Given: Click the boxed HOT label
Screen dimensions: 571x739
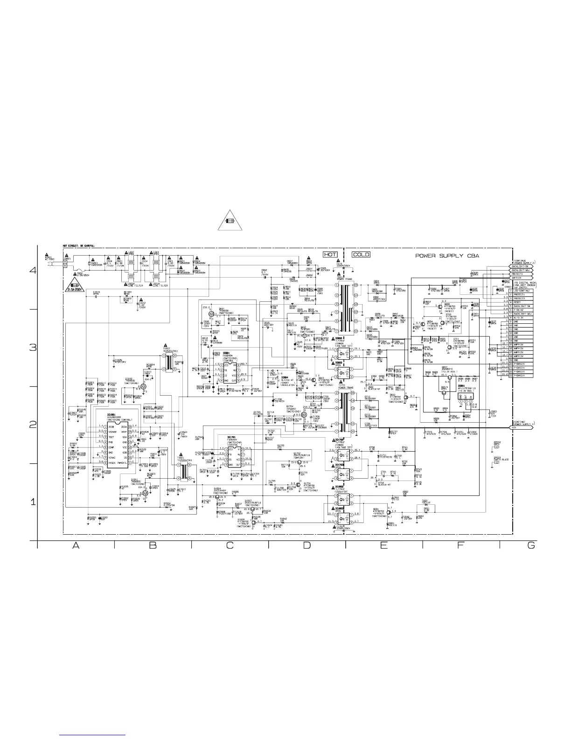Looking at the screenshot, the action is tap(330, 255).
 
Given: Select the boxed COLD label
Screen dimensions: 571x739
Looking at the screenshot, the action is tap(361, 255).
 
